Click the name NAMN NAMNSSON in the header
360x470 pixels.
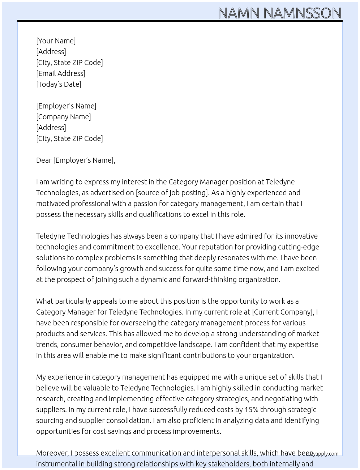[x=279, y=13]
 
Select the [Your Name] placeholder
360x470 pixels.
[x=56, y=41]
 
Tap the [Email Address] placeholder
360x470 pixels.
[x=61, y=73]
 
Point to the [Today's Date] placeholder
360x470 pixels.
[x=59, y=84]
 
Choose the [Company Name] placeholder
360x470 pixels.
[x=64, y=117]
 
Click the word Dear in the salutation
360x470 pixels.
[x=44, y=160]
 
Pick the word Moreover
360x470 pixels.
[x=52, y=453]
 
